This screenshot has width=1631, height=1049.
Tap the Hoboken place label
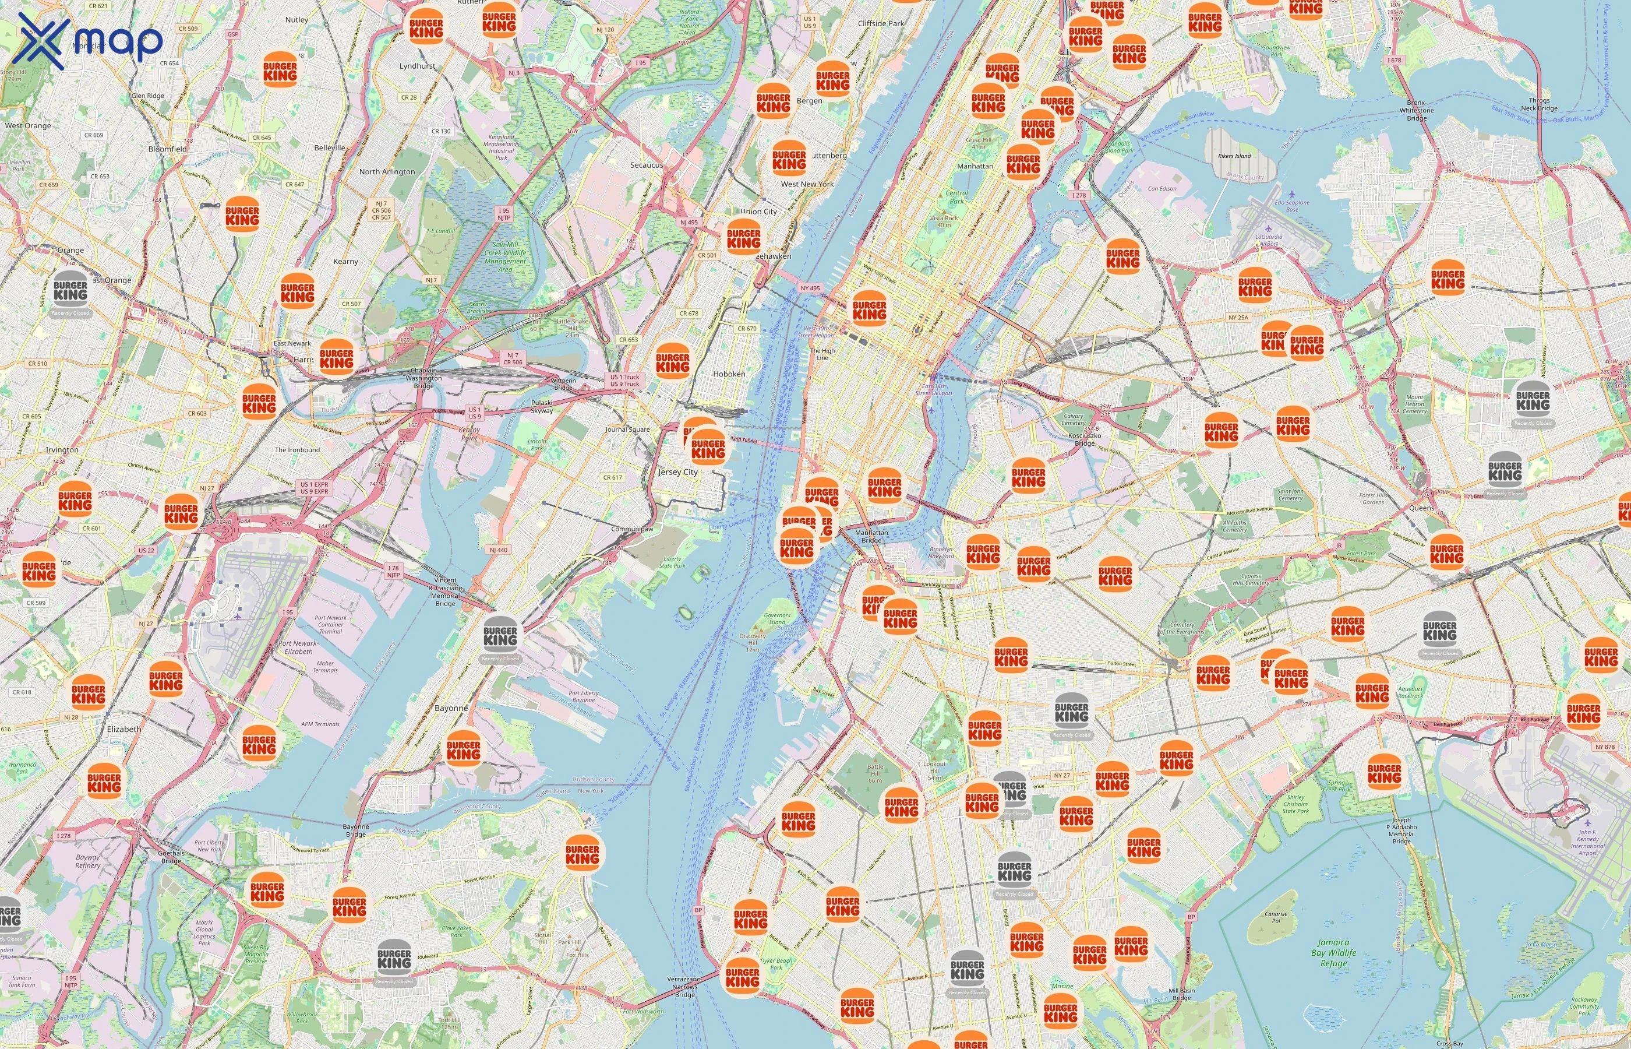coord(729,374)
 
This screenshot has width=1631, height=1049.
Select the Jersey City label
coord(678,472)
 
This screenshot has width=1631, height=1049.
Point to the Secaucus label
coord(646,165)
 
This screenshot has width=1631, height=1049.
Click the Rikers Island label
coord(1234,156)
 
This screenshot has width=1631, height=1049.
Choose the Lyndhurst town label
coord(417,66)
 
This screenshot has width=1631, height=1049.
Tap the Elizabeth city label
coord(124,729)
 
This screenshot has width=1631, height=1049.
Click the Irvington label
coord(62,449)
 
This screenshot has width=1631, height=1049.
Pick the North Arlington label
coord(387,172)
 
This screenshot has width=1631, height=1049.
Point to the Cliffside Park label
coord(881,23)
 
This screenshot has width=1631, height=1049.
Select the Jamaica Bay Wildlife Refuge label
coord(1333,953)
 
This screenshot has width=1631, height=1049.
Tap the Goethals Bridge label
coord(171,857)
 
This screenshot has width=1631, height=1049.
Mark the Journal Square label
coord(627,430)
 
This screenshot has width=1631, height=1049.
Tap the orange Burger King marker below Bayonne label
coord(464,747)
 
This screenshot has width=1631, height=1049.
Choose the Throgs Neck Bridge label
coord(1538,104)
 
